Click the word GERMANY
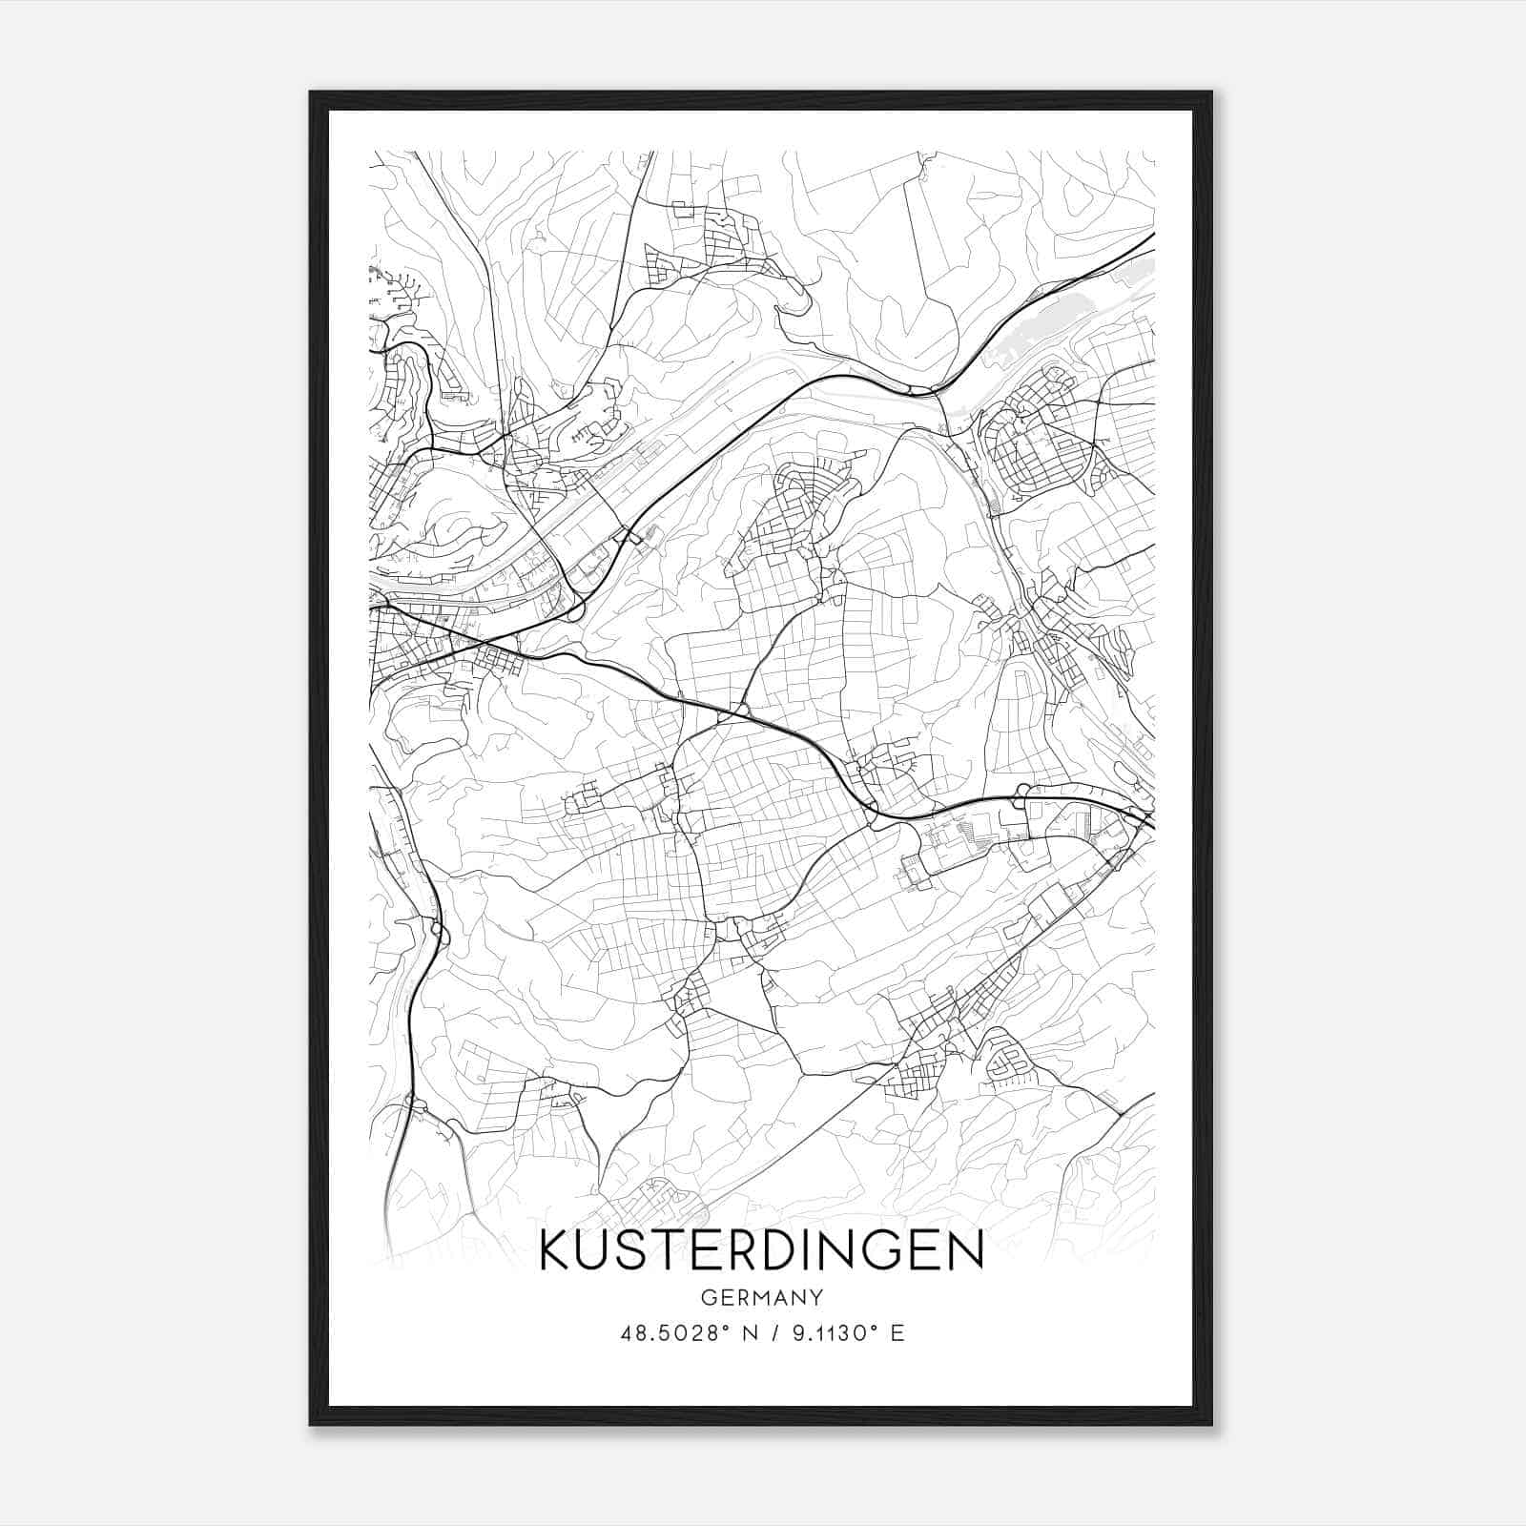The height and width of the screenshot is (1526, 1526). click(x=761, y=1297)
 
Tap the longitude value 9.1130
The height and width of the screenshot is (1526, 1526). click(x=818, y=1333)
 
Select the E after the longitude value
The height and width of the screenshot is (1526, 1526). click(x=897, y=1333)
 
